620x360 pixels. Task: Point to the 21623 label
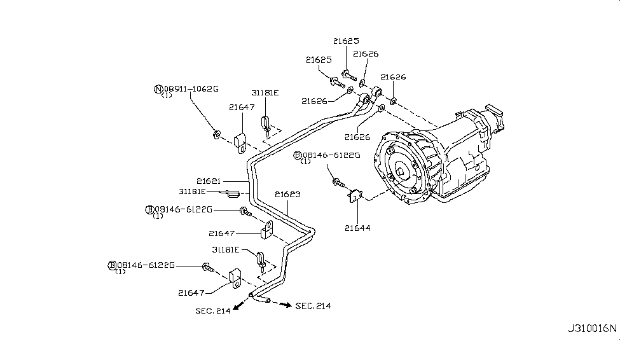pyautogui.click(x=288, y=194)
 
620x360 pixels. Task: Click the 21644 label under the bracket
pyautogui.click(x=358, y=227)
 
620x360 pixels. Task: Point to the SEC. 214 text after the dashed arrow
pyautogui.click(x=313, y=306)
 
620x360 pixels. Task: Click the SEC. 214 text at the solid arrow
pyautogui.click(x=213, y=310)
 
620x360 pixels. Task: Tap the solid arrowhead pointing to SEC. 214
pyautogui.click(x=236, y=307)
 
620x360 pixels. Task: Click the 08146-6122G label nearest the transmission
pyautogui.click(x=331, y=155)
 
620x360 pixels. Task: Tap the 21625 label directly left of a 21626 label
pyautogui.click(x=319, y=60)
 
